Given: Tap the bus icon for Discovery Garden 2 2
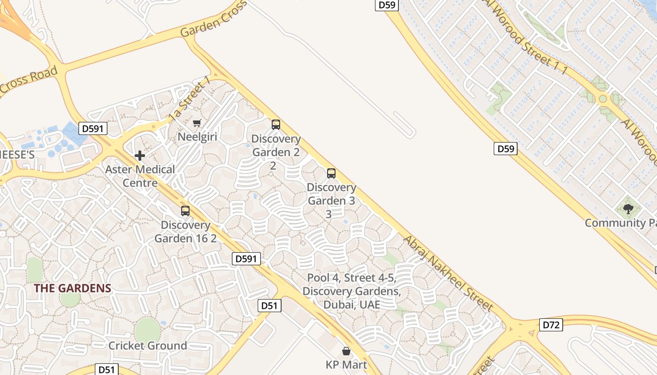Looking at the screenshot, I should pyautogui.click(x=276, y=125).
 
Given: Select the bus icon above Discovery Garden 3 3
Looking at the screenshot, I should pyautogui.click(x=331, y=173).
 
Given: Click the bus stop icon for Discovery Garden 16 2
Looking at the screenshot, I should pyautogui.click(x=185, y=211).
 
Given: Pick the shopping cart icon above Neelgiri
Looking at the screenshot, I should pyautogui.click(x=197, y=123).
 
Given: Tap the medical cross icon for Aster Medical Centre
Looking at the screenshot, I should pyautogui.click(x=139, y=156).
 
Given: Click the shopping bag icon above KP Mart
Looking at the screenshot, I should pyautogui.click(x=346, y=351).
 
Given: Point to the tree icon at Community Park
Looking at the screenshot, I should pyautogui.click(x=628, y=209).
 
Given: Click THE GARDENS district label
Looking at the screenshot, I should pyautogui.click(x=72, y=288).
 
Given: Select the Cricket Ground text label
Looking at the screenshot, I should pyautogui.click(x=147, y=346).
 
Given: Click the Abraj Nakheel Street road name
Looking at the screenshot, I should pyautogui.click(x=448, y=273).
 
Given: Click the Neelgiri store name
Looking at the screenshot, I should pyautogui.click(x=197, y=137).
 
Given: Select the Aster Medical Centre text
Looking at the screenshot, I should pyautogui.click(x=140, y=176).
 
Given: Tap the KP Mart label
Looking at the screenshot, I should pyautogui.click(x=346, y=365).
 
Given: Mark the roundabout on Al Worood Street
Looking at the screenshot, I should pyautogui.click(x=603, y=99).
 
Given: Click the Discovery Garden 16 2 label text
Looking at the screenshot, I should pyautogui.click(x=185, y=232).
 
